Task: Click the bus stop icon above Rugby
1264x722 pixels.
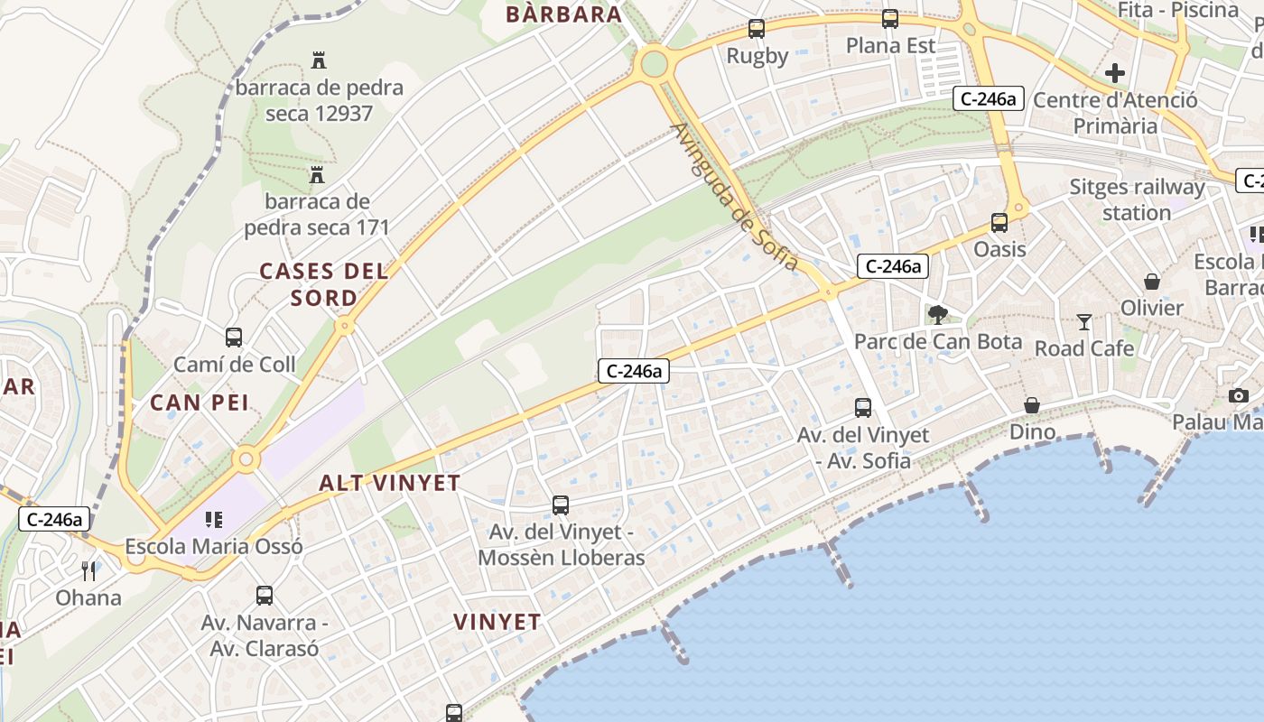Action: coord(757,29)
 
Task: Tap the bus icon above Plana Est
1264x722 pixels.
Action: coord(890,18)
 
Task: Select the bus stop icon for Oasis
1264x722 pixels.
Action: coord(999,223)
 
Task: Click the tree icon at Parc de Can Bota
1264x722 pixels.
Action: coord(938,315)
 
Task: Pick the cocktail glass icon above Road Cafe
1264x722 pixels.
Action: coord(1084,321)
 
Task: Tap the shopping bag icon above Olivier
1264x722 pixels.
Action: coord(1152,282)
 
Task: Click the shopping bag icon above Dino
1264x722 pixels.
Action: coord(1032,405)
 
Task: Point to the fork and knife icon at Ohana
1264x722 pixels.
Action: coord(88,570)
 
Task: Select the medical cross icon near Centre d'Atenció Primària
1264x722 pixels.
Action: coord(1115,73)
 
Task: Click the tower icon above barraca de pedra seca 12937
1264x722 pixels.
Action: coord(318,61)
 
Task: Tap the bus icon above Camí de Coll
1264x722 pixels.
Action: coord(234,338)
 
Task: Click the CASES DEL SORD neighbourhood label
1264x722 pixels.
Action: coord(324,284)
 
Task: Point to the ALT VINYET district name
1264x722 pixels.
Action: coord(390,483)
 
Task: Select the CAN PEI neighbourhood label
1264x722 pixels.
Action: coord(200,403)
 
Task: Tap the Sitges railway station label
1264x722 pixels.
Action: coord(1137,199)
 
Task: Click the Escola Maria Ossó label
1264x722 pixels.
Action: coord(214,546)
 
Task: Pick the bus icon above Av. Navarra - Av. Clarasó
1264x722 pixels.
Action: coord(265,596)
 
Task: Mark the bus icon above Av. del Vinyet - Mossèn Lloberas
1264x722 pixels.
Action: coord(561,505)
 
